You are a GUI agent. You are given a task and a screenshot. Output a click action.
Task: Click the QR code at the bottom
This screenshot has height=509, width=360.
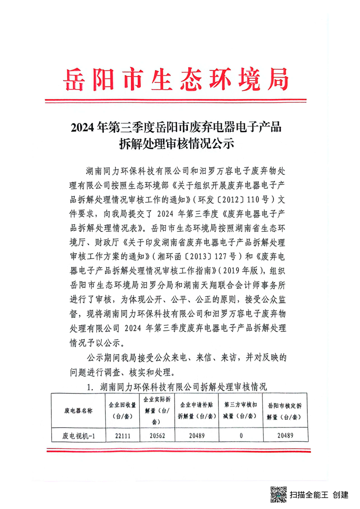[x=278, y=494]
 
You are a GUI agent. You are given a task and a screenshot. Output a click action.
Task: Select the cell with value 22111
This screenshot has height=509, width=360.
[x=117, y=436]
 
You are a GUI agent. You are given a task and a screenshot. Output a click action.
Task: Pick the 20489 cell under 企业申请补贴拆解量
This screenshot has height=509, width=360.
[x=196, y=436]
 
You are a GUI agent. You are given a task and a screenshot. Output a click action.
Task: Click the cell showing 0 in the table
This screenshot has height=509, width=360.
[x=241, y=436]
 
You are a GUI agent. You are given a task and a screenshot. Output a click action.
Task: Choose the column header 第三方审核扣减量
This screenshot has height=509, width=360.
[x=241, y=410]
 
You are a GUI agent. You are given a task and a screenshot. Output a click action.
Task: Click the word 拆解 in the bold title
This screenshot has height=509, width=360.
[x=129, y=144]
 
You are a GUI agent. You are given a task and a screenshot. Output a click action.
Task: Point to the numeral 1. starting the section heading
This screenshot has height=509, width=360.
[x=89, y=387]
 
